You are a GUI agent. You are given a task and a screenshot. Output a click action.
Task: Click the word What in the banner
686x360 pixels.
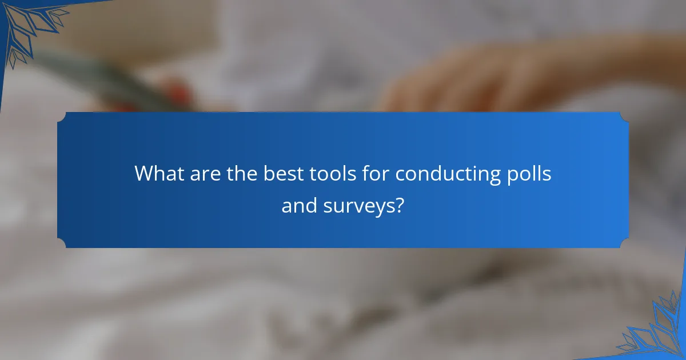(155, 174)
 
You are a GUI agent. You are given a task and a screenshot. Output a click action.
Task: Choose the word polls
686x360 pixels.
(530, 174)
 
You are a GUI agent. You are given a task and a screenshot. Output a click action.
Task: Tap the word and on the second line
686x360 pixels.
(299, 206)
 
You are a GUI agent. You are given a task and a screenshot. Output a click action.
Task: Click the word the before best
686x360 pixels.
(241, 174)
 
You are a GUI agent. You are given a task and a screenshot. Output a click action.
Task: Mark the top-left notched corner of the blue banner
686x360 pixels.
(62, 117)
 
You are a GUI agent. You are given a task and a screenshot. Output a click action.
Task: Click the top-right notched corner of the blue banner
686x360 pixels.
(624, 117)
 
